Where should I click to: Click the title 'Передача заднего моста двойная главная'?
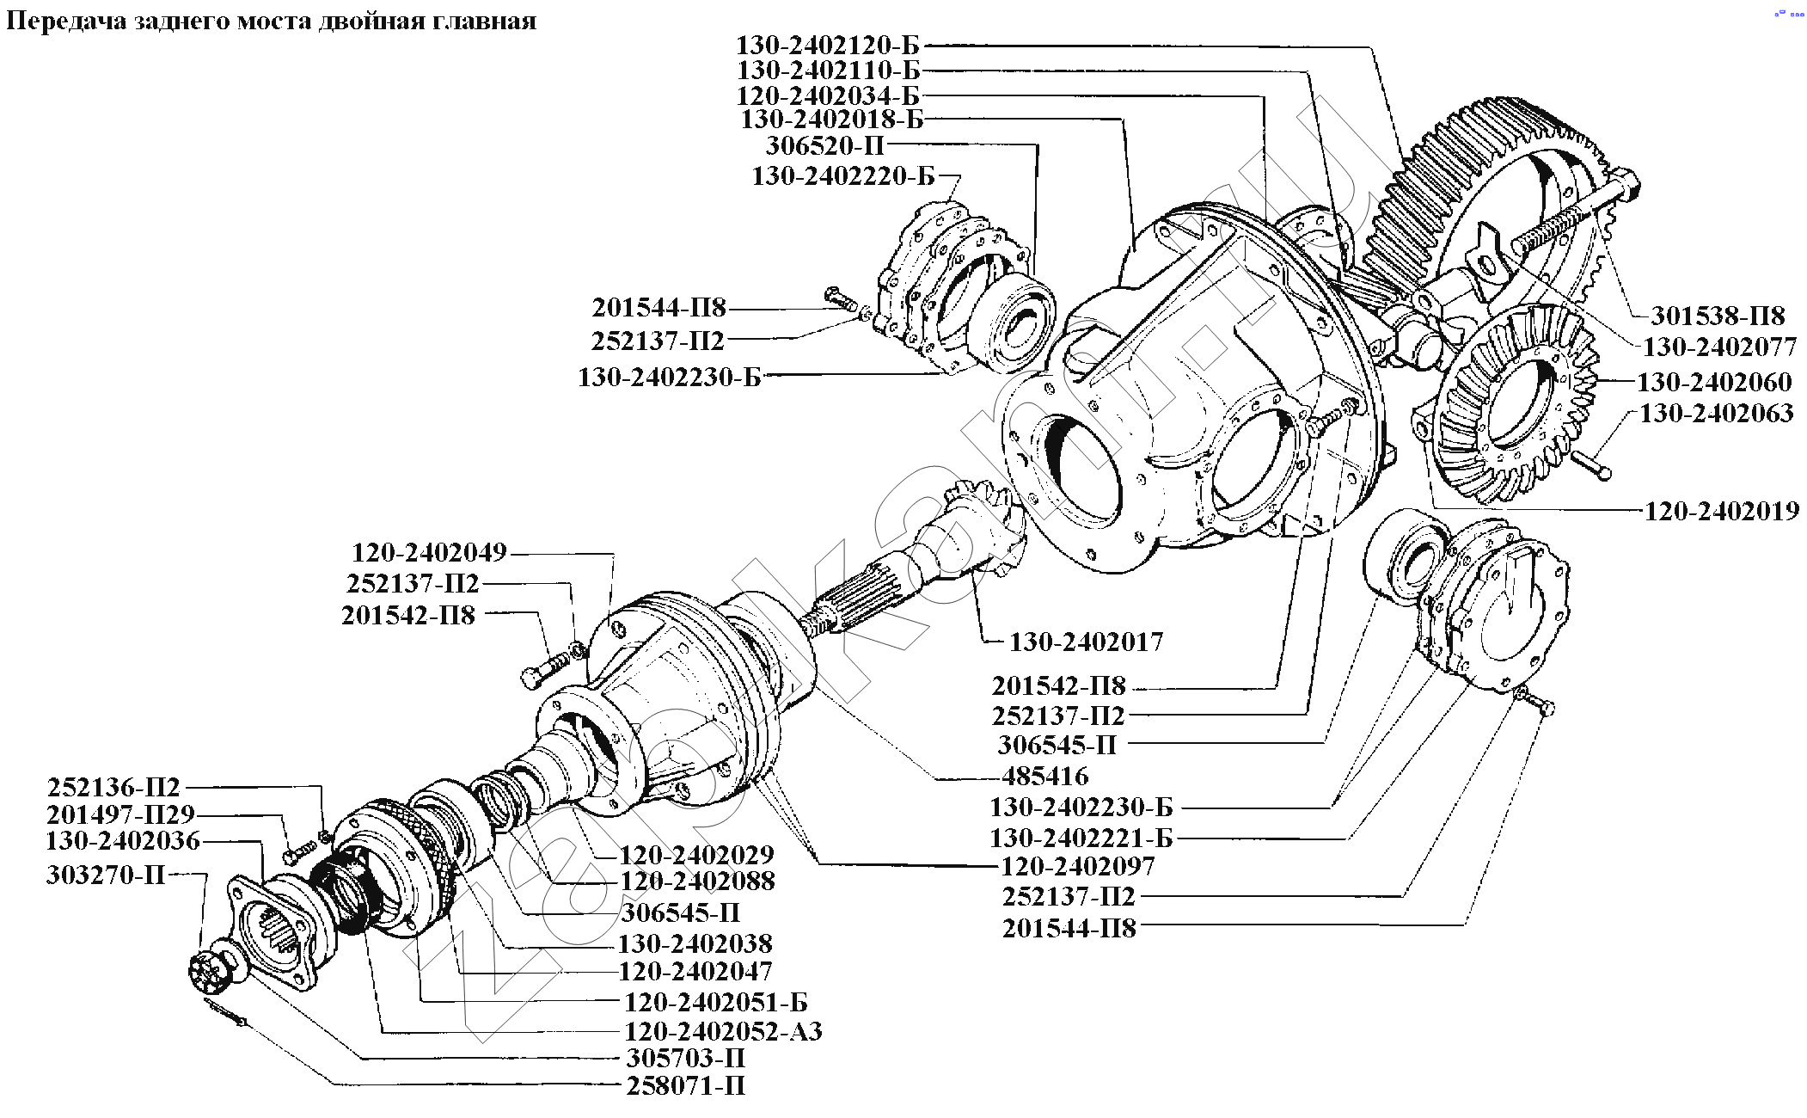coord(271,21)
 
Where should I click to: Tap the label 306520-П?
coord(824,145)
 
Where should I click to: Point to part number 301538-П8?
coord(1718,316)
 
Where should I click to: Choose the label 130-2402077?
coord(1719,347)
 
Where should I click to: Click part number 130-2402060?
coord(1714,381)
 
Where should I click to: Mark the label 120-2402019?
coord(1722,511)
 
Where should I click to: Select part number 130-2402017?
coord(1086,642)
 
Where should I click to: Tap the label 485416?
coord(1044,776)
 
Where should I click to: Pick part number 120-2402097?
coord(1077,865)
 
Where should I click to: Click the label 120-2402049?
coord(429,551)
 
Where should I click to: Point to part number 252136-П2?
coord(113,787)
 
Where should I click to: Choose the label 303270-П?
coord(106,875)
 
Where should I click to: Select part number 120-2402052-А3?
coord(723,1030)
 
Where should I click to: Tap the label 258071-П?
coord(685,1085)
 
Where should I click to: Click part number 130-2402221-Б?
coord(1081,837)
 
